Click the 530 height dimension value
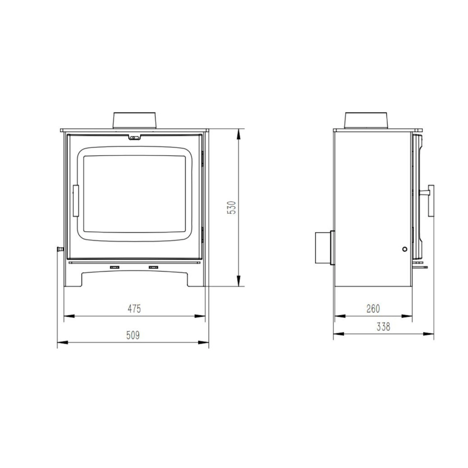[233, 208]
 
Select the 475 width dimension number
[134, 309]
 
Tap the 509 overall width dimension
[133, 335]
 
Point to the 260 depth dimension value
[373, 309]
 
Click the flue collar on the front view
[135, 120]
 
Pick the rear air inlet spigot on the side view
[324, 248]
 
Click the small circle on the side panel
[404, 249]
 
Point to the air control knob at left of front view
[59, 249]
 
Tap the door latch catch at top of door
[135, 138]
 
